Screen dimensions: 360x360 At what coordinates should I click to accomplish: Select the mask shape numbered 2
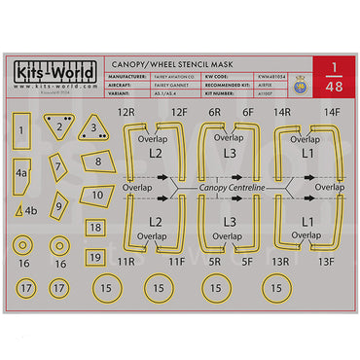click(x=59, y=126)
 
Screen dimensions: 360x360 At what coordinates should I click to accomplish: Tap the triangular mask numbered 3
click(x=93, y=128)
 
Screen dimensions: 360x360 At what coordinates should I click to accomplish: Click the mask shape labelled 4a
click(x=21, y=174)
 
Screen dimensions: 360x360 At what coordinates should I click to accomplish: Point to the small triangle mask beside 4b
click(x=18, y=210)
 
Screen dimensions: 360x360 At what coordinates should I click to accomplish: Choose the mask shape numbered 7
click(x=58, y=166)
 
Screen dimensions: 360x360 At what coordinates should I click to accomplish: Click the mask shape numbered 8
click(x=96, y=161)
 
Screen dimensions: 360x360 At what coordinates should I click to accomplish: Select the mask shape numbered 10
click(x=96, y=195)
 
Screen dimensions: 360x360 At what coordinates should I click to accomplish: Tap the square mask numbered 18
click(x=94, y=228)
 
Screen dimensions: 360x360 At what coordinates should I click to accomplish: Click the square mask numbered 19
click(x=94, y=258)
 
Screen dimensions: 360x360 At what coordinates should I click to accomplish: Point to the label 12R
click(x=126, y=113)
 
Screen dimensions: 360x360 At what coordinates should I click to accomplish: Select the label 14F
click(x=331, y=113)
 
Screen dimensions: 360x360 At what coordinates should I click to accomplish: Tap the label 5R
click(x=216, y=262)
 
